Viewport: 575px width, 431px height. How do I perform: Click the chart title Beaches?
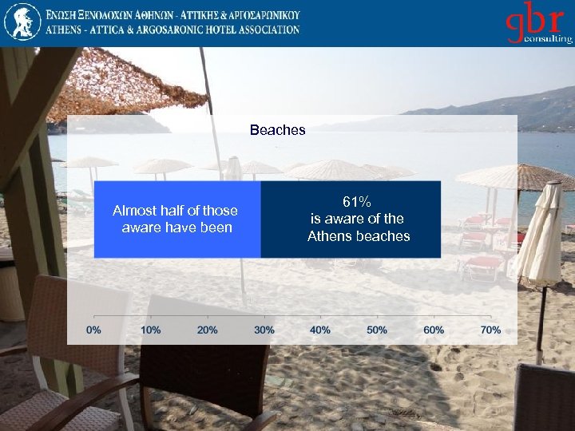(277, 130)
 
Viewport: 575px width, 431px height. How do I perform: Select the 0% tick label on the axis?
(94, 330)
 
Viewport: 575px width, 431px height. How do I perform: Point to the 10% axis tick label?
(151, 330)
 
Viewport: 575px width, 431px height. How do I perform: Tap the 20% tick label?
(208, 330)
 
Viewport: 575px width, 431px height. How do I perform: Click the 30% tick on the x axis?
(264, 330)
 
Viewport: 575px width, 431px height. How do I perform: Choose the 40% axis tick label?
(321, 330)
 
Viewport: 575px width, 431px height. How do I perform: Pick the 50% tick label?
(377, 330)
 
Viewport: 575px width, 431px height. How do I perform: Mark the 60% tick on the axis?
(434, 330)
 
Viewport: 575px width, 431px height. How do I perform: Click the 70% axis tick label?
(490, 330)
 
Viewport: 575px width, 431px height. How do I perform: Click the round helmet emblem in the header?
(22, 22)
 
